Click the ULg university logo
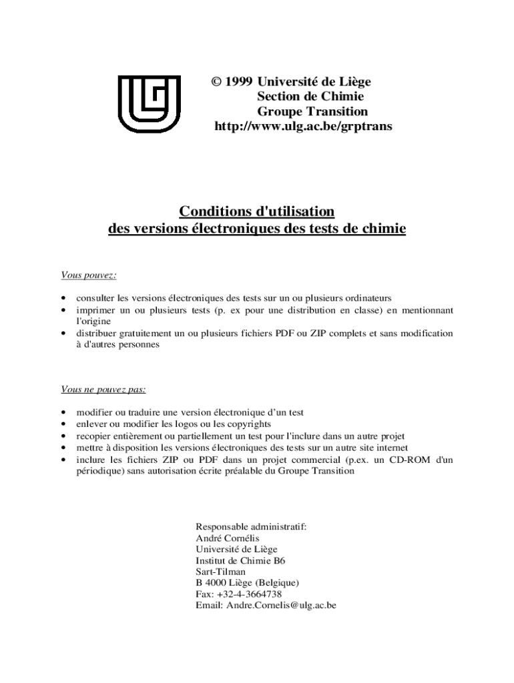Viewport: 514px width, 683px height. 148,104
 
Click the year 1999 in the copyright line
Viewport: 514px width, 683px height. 239,82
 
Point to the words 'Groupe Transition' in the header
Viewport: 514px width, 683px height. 312,111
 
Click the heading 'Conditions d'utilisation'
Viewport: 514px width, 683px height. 256,211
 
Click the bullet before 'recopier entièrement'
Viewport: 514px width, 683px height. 63,436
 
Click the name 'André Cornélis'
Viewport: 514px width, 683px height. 227,538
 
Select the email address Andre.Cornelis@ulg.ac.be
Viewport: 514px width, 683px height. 281,605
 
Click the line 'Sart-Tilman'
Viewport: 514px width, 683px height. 220,572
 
